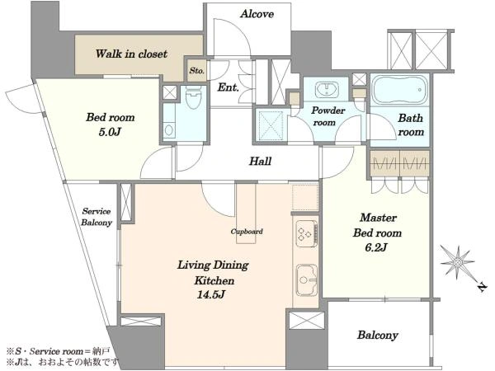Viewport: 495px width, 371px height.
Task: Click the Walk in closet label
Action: click(131, 54)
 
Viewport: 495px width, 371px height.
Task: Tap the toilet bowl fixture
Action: click(192, 96)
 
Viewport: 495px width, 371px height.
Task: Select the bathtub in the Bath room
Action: click(399, 90)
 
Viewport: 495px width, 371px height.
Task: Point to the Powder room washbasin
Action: click(327, 89)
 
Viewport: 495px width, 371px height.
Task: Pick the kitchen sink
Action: click(307, 279)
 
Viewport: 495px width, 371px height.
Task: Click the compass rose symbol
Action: click(458, 262)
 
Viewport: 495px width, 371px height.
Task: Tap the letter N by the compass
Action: click(482, 288)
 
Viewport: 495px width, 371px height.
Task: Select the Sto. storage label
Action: click(196, 71)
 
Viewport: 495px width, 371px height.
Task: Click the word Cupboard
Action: click(247, 232)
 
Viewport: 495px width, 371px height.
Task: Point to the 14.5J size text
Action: click(211, 295)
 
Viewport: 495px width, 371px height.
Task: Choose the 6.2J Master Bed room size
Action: click(376, 247)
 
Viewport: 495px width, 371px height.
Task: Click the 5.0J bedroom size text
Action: click(110, 132)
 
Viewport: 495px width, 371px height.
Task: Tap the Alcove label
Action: click(257, 14)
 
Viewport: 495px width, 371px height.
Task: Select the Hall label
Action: click(261, 162)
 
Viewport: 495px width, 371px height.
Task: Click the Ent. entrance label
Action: click(228, 87)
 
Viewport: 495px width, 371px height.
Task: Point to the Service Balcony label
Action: click(97, 217)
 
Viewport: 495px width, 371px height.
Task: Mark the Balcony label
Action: click(378, 335)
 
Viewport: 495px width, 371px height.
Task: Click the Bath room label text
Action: click(411, 125)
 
